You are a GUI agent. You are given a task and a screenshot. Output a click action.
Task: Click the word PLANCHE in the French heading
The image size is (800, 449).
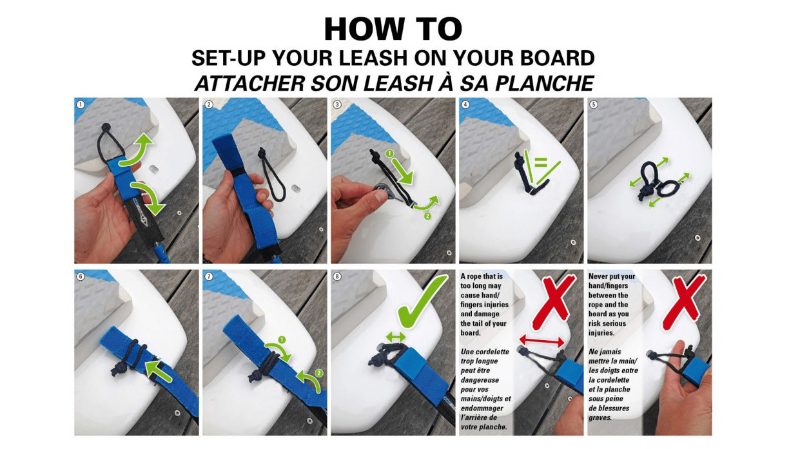coord(544,83)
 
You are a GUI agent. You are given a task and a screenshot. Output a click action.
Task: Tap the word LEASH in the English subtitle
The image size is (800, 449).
coord(369,58)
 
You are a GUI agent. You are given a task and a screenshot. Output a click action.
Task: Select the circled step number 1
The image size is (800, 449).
coord(81,104)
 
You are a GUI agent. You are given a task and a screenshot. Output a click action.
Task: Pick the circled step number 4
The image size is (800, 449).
coord(465,104)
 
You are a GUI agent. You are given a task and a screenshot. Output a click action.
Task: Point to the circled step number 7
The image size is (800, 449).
coord(209,276)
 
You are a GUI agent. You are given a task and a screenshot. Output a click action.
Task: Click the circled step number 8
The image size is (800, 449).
coord(337,276)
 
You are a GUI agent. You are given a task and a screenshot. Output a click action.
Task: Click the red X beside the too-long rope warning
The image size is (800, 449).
coord(553,301)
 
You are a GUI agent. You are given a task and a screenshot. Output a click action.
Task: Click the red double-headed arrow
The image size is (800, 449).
coord(541,341)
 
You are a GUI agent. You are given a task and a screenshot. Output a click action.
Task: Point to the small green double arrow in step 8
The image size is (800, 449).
coord(396,336)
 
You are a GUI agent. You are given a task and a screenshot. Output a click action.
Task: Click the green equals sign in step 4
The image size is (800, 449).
coord(540,163)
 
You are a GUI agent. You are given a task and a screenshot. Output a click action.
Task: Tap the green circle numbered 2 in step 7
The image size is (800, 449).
coord(318,374)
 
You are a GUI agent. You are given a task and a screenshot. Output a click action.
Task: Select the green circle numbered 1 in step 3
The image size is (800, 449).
coord(389,153)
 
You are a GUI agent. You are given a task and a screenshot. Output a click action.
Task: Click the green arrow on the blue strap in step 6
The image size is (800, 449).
coord(159,371)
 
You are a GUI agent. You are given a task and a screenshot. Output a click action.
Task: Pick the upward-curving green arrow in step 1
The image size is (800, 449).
coord(137,149)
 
